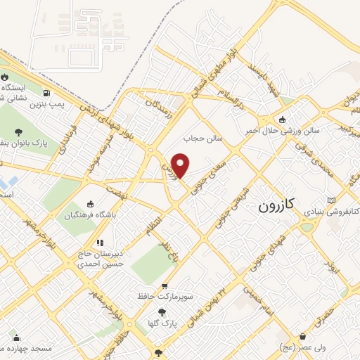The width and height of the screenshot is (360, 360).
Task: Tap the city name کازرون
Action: pos(278,205)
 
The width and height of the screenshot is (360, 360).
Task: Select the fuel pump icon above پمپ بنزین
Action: pos(46,92)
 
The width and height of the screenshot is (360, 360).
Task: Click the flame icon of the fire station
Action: pos(5,77)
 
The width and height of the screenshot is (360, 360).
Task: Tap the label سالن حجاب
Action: pos(203,138)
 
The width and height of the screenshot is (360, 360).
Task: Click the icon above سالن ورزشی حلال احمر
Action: pos(282,119)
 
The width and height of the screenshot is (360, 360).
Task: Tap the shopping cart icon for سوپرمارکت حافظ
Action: pos(165,286)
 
